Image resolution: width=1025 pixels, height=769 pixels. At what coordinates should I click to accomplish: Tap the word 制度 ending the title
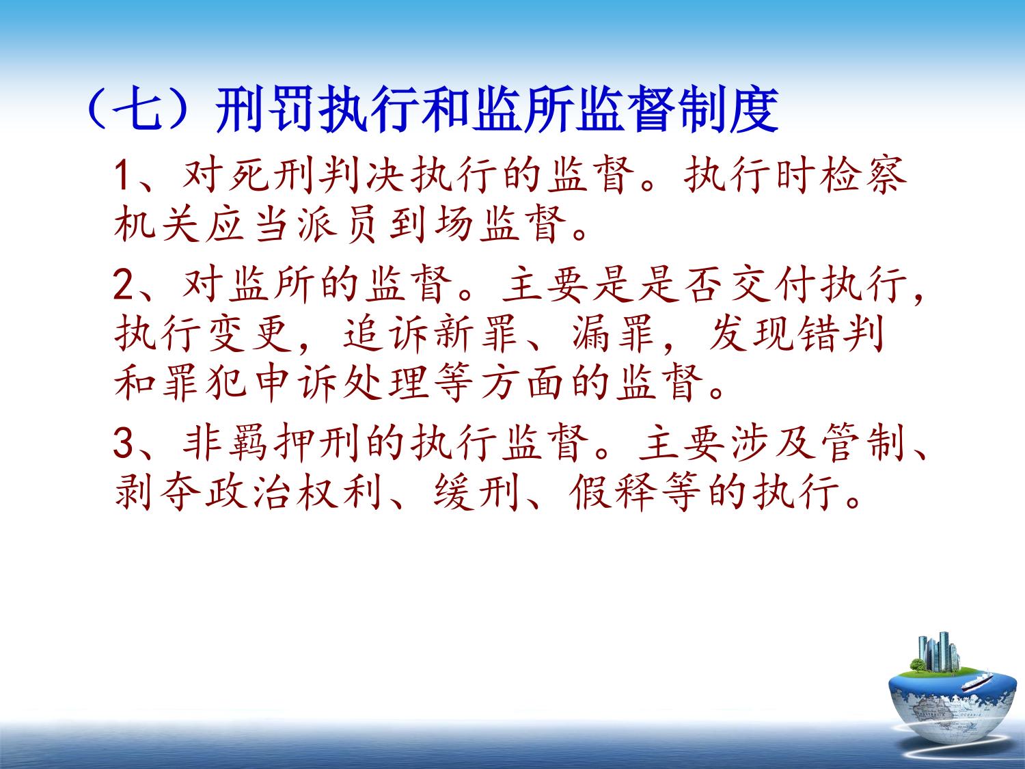point(729,110)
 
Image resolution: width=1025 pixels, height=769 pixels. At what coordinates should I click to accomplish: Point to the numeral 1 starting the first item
point(122,176)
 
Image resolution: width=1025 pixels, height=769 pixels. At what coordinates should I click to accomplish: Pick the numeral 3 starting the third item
point(123,443)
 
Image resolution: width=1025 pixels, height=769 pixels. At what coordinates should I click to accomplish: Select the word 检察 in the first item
point(864,176)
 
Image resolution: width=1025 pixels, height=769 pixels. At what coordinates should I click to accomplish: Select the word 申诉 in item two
point(295,384)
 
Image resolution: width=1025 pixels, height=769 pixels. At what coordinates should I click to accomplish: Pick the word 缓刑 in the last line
point(476,493)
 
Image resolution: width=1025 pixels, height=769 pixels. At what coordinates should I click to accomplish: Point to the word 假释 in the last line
point(612,493)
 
